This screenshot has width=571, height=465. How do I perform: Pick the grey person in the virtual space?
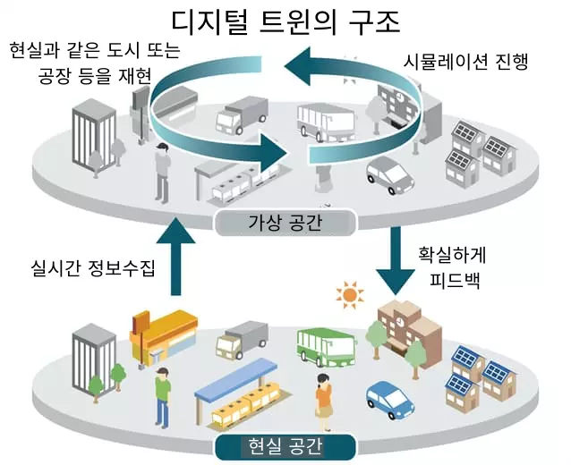(162, 170)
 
